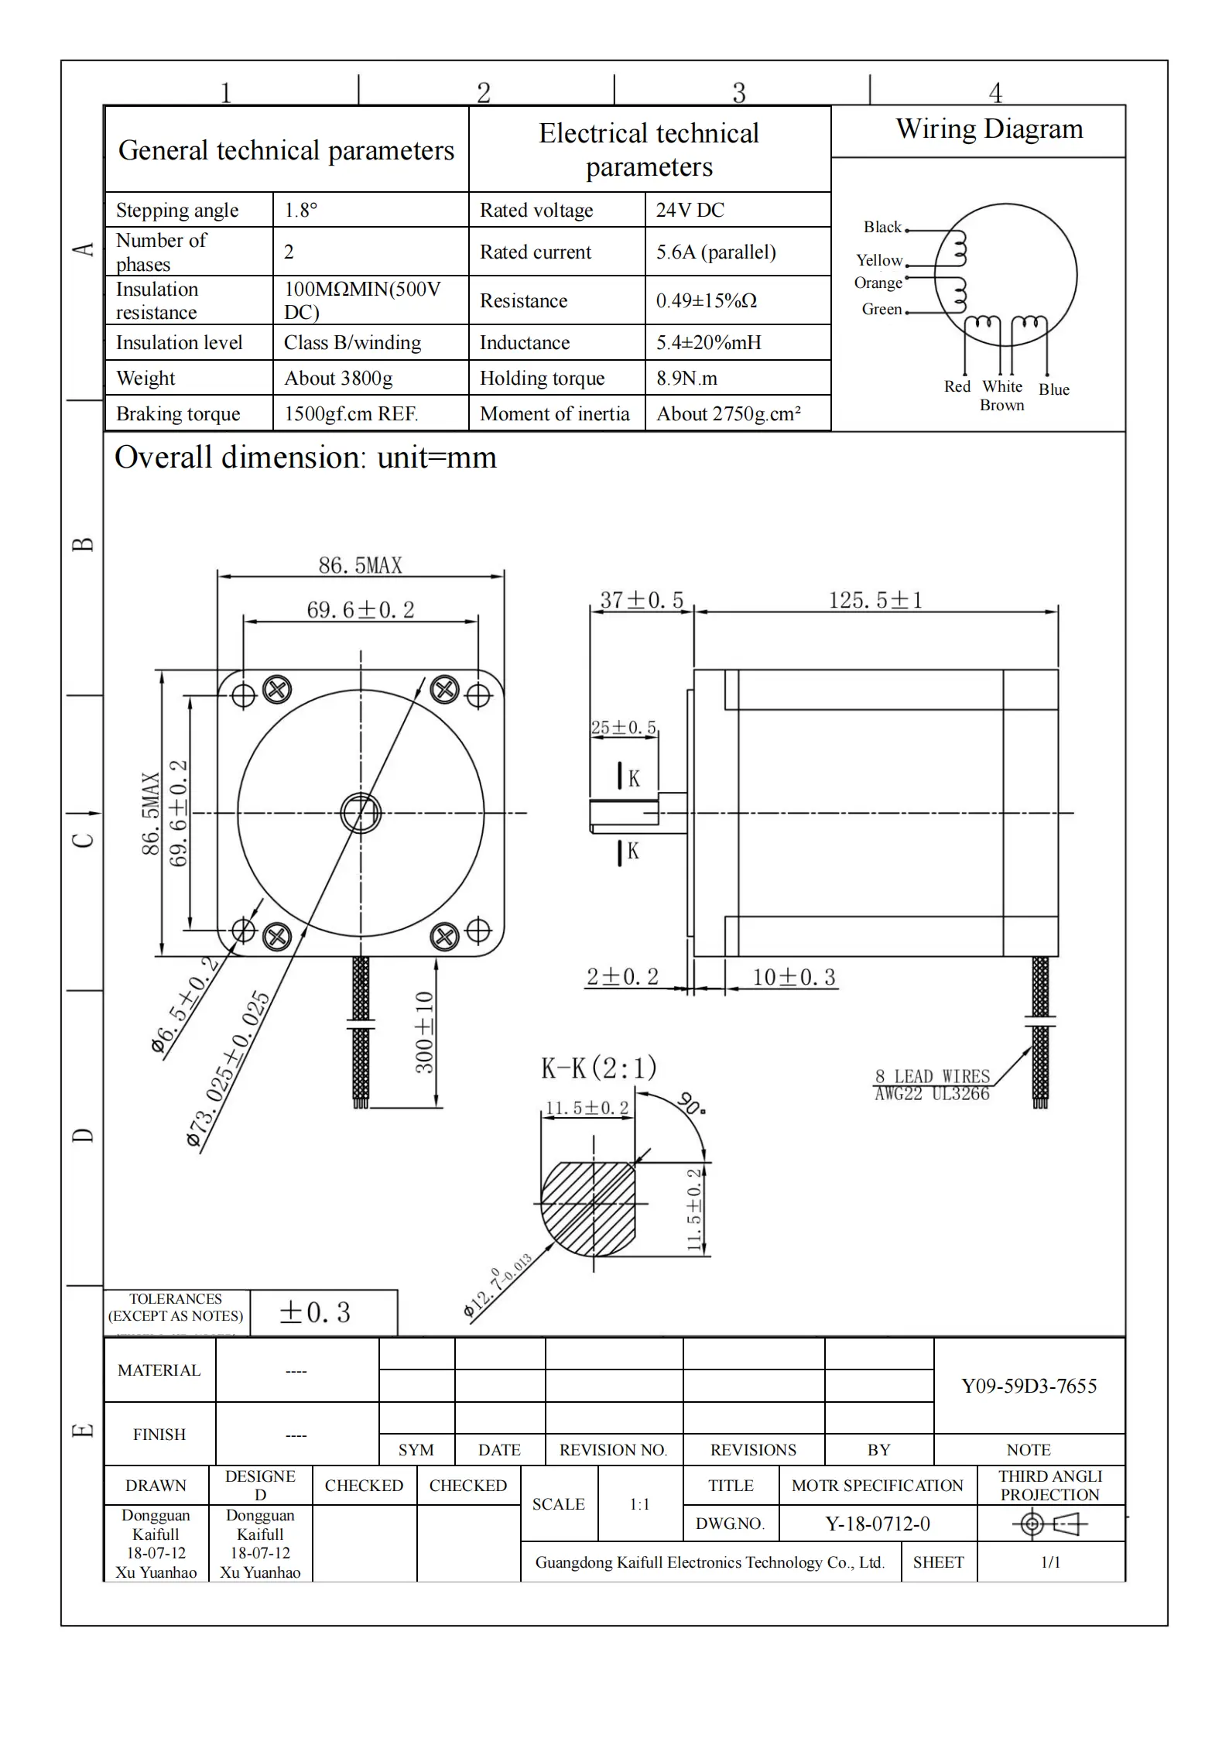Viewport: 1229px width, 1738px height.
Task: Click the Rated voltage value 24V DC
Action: pos(690,210)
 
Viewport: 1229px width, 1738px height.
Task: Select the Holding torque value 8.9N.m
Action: pos(686,378)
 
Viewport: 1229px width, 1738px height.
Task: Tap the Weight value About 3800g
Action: pos(338,378)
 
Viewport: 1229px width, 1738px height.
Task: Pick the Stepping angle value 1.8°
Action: pos(301,210)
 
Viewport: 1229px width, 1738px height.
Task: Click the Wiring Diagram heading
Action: pos(989,129)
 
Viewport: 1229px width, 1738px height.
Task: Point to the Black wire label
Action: pos(882,227)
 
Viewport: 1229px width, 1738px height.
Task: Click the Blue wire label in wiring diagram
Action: pos(1053,389)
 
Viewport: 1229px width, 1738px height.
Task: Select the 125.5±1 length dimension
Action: pos(875,600)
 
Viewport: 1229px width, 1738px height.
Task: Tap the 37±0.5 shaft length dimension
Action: pos(642,600)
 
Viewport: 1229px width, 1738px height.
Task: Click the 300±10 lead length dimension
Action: pos(424,1032)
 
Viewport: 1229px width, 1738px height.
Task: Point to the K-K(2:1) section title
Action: pos(598,1068)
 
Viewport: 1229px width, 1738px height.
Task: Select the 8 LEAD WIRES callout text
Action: pos(933,1076)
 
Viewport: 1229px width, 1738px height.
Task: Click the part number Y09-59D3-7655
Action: pos(1029,1386)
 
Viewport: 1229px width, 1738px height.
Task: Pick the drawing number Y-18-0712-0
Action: pos(878,1524)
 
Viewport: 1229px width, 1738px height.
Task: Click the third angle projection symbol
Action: pos(1049,1524)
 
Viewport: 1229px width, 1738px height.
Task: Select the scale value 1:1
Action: pos(639,1504)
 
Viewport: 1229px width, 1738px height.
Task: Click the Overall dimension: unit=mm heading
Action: pos(306,458)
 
